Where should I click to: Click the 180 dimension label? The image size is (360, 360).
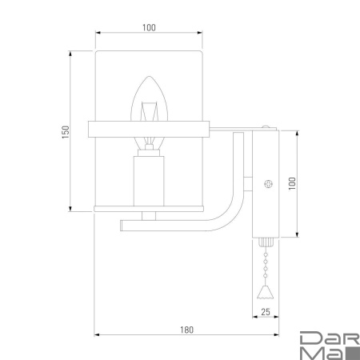[186, 330]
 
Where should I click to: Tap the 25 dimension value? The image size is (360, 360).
[266, 312]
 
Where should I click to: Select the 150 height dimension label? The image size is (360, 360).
[66, 132]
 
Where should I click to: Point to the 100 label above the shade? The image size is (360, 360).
[149, 27]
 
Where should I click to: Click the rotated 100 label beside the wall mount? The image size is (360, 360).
[292, 183]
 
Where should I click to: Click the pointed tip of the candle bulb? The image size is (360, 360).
[150, 77]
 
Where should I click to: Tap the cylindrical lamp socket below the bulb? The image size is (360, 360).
[149, 181]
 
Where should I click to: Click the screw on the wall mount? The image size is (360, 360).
[269, 183]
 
